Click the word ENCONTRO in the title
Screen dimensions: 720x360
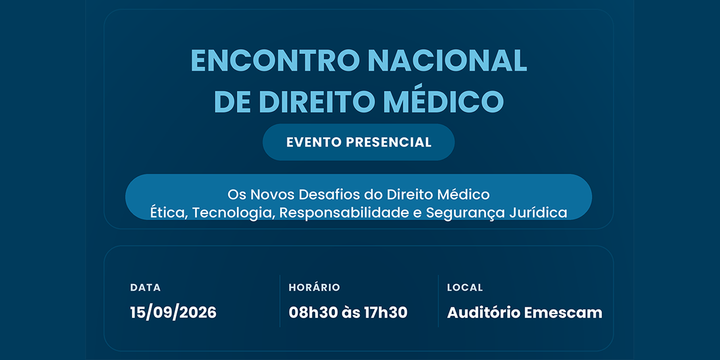[x=275, y=60]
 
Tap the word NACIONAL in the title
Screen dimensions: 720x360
[x=447, y=60]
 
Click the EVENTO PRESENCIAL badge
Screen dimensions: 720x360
[x=359, y=142]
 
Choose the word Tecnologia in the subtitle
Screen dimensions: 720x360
[x=232, y=213]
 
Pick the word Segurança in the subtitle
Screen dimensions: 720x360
[x=465, y=213]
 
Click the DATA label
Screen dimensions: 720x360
[x=145, y=288]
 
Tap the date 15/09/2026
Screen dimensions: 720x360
[x=173, y=312]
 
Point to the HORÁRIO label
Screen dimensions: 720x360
[x=314, y=287]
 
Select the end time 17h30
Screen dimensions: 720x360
[x=386, y=312]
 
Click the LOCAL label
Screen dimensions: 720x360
[x=465, y=288]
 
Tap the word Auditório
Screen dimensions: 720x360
[x=483, y=312]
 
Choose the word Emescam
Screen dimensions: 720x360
[x=564, y=312]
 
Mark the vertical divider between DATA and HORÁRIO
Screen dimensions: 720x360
[x=280, y=301]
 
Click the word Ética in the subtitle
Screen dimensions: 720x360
[x=168, y=213]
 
